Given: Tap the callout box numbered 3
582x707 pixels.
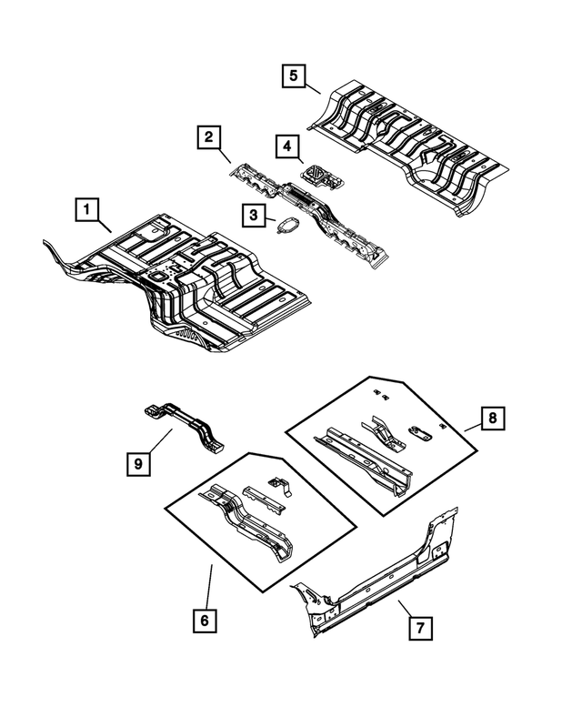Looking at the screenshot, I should (x=252, y=215).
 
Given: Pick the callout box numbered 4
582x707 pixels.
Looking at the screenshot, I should (x=286, y=146).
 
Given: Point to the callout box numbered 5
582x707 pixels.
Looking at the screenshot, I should (x=293, y=76).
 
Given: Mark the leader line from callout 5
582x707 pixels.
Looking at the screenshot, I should (x=312, y=87).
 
